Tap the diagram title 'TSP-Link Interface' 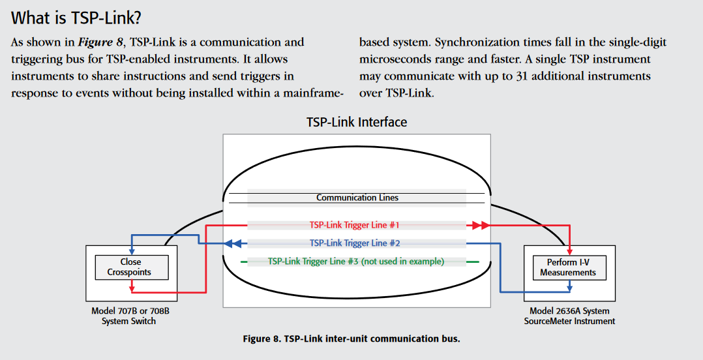356,122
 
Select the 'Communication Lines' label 357,198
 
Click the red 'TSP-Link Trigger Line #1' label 354,225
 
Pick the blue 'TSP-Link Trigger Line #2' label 354,243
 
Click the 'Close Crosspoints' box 130,267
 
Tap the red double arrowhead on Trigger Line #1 479,225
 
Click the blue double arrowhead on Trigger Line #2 233,243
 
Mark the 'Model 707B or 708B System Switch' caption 130,316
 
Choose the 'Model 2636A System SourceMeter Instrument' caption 569,316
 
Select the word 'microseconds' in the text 392,59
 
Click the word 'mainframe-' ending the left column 313,93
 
